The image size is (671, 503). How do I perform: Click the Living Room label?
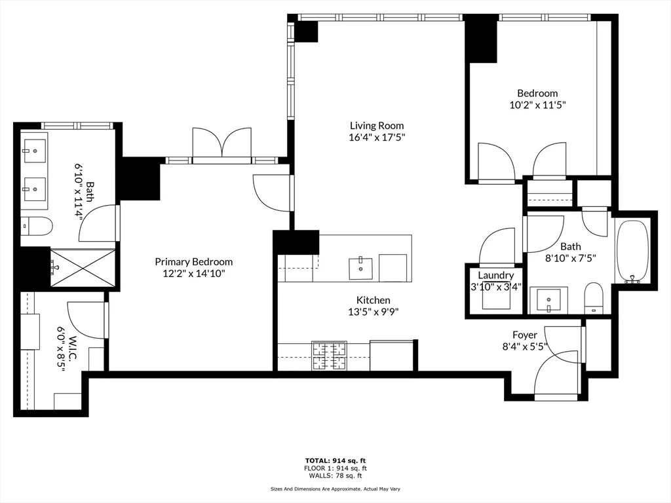click(x=376, y=125)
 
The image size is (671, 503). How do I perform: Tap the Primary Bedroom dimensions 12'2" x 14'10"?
click(x=193, y=274)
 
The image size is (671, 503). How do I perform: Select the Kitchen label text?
click(x=373, y=300)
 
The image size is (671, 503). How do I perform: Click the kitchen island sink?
click(x=360, y=268)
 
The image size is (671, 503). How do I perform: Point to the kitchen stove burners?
click(x=330, y=356)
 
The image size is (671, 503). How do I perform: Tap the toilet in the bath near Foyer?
click(x=593, y=298)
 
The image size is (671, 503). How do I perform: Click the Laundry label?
click(x=495, y=275)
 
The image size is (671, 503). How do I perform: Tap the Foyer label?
click(x=524, y=335)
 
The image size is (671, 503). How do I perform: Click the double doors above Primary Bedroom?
click(x=221, y=142)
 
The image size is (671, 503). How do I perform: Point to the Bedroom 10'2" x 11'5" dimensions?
click(x=537, y=104)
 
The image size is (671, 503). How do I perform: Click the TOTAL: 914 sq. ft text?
click(x=335, y=460)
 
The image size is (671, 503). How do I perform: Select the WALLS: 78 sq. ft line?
click(x=335, y=475)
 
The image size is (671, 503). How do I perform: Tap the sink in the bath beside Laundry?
click(x=548, y=300)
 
